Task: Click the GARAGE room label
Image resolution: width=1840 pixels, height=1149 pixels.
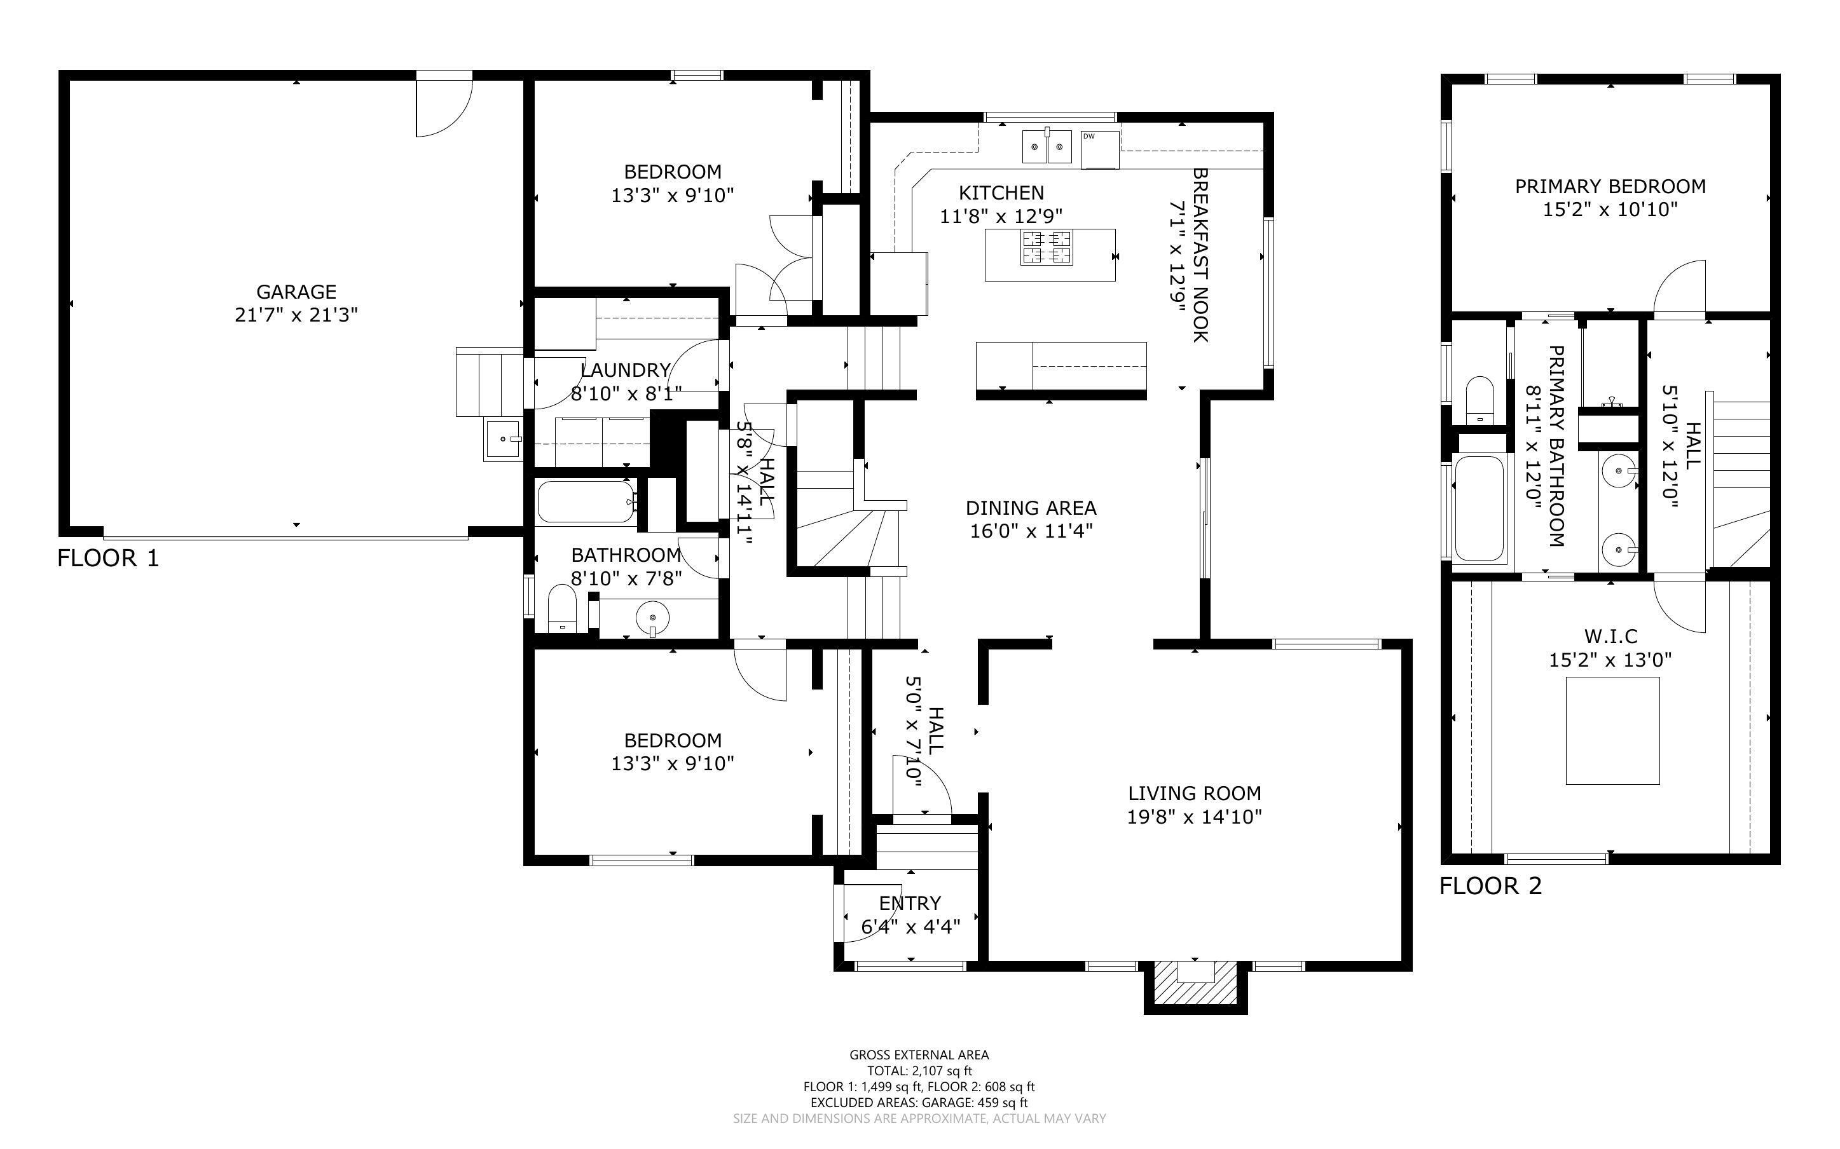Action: point(296,292)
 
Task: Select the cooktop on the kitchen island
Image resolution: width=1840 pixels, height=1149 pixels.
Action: point(1047,247)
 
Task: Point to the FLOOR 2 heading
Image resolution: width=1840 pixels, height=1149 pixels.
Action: point(1490,886)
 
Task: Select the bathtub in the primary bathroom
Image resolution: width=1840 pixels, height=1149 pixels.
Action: point(1478,508)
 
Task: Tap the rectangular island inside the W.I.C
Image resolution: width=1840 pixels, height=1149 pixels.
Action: point(1611,730)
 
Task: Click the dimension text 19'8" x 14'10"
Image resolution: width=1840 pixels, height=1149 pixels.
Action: point(1194,817)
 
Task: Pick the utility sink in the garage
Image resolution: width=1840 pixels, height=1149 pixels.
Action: point(503,440)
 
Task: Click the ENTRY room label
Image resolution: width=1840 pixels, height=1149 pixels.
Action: point(910,903)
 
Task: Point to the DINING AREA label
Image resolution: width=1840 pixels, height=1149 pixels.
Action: point(1031,508)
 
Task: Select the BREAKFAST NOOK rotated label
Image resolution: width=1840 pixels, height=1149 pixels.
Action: point(1200,255)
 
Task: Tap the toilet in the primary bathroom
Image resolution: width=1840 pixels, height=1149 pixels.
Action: point(1479,400)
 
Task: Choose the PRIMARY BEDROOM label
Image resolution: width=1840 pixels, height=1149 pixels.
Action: point(1610,186)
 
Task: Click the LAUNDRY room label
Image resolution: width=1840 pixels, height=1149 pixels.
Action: point(625,370)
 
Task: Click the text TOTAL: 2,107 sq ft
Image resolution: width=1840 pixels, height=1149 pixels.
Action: point(919,1071)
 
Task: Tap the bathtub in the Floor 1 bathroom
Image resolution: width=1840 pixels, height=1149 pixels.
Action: point(585,502)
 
